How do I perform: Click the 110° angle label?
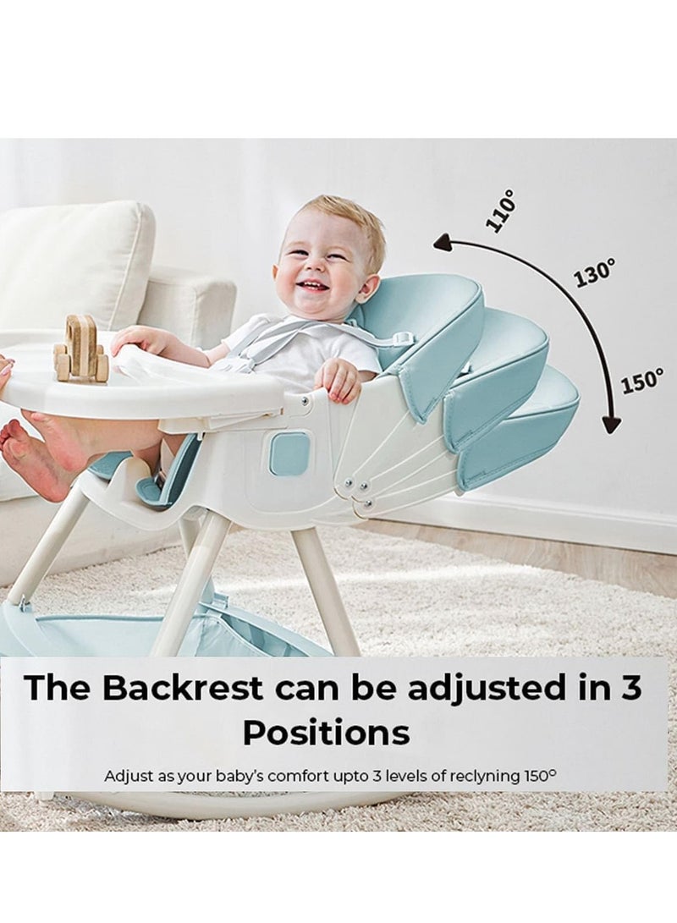coord(501,210)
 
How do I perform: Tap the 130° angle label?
coord(595,272)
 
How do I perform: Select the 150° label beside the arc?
coord(643,380)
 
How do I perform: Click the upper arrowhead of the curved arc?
coord(442,242)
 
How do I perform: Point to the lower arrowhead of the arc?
coord(612,425)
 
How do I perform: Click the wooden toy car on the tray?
coord(79,348)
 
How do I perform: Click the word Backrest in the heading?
coord(182,687)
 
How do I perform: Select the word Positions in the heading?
coord(326,733)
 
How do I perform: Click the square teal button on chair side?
coord(289,453)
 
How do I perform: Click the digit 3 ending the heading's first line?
coord(628,687)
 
